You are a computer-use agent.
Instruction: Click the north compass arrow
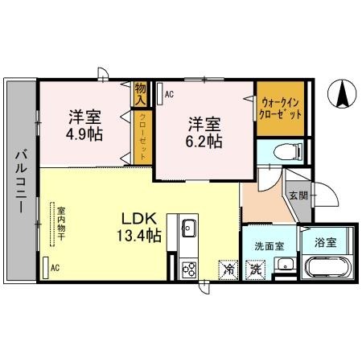341,95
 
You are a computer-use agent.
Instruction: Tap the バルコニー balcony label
21,180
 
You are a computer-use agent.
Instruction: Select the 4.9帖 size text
84,133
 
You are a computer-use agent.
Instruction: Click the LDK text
138,219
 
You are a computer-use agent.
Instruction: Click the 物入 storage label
141,94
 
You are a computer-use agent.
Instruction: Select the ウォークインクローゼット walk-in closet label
281,108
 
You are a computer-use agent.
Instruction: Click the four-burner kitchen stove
190,269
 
